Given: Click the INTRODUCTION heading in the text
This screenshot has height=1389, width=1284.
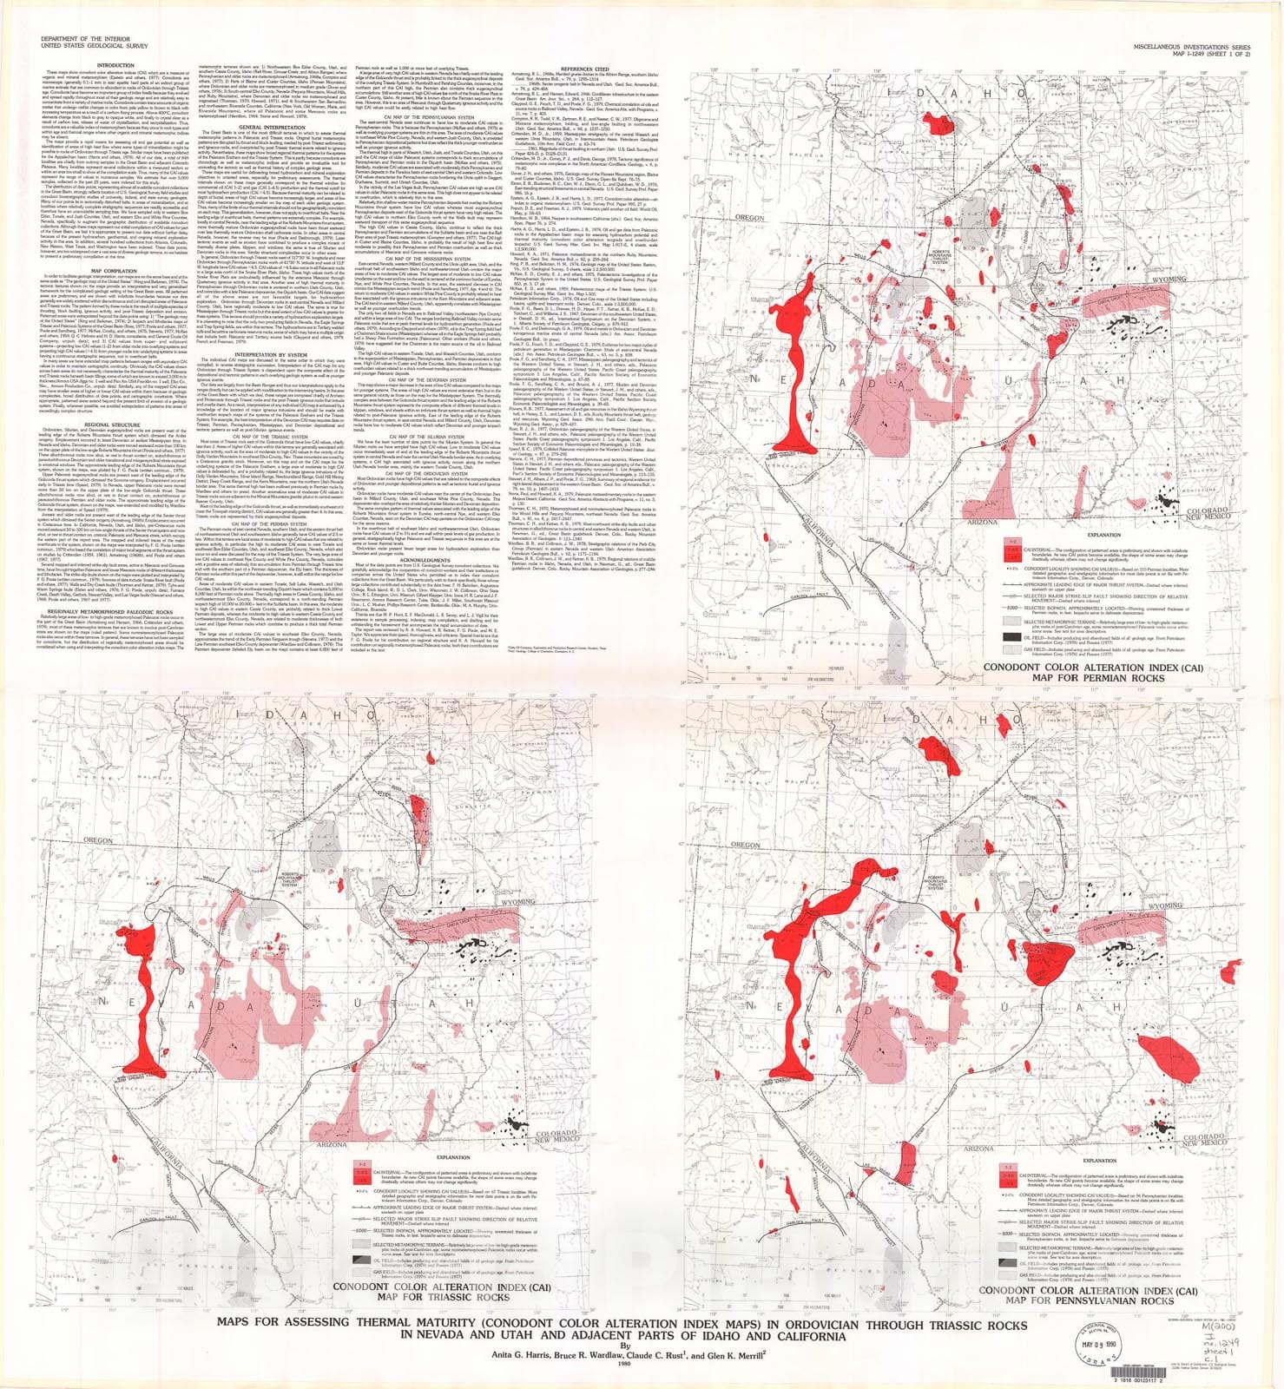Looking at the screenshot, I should pos(115,65).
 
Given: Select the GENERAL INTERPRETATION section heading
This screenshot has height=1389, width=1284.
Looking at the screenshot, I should pos(271,128).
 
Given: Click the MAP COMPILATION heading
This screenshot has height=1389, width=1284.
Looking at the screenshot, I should pos(115,272).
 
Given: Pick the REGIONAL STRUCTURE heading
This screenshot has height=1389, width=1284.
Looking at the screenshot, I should pos(115,425).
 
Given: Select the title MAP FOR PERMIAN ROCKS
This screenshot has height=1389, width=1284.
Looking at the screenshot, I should pos(1104,678).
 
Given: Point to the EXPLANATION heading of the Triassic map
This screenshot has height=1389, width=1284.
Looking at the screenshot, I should pos(453,1157).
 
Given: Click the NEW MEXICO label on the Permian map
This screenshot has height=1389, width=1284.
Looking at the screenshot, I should pos(1208,517).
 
